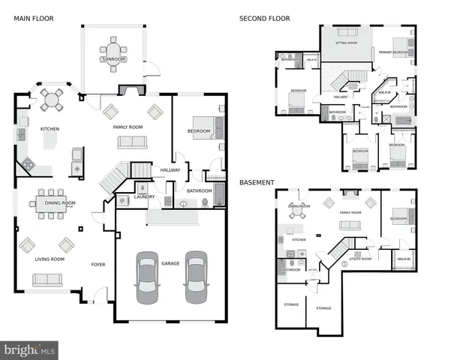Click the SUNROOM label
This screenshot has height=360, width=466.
click(114, 59)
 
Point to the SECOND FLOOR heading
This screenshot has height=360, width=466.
click(264, 18)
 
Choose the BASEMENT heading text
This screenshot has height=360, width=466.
click(256, 182)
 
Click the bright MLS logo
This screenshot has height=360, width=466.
click(29, 349)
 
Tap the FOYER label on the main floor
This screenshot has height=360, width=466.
click(98, 264)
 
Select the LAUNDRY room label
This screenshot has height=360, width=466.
click(144, 197)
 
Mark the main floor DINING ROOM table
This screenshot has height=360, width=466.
click(50, 203)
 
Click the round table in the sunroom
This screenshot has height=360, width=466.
click(114, 50)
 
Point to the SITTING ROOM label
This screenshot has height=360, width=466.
click(346, 43)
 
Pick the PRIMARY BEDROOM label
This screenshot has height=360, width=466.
click(393, 52)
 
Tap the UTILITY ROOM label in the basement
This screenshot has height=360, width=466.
click(360, 258)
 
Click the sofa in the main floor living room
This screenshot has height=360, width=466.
click(47, 279)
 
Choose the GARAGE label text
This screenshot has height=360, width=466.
click(170, 263)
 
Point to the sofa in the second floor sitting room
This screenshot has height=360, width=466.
click(347, 32)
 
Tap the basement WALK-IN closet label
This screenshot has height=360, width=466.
click(404, 259)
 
